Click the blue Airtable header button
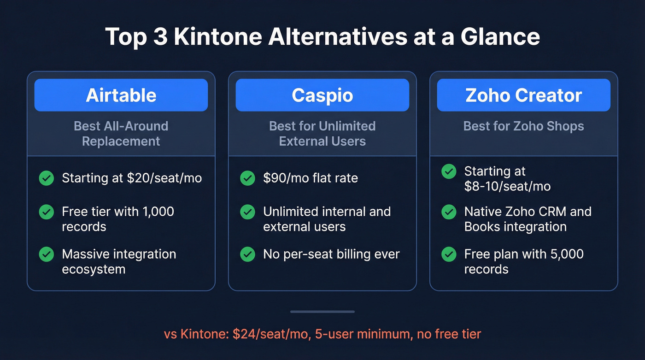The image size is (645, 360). [x=121, y=95]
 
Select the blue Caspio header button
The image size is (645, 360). [x=322, y=95]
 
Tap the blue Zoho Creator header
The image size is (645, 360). [x=523, y=95]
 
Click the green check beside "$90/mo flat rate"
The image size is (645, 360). [x=247, y=178]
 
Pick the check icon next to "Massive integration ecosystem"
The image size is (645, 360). [x=46, y=254]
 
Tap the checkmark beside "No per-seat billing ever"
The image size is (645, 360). [x=247, y=254]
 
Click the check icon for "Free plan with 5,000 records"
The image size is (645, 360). [x=449, y=254]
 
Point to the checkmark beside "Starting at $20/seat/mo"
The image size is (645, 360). [x=46, y=178]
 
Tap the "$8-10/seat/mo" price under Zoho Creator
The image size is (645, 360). [x=507, y=186]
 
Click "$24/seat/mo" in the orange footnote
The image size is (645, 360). [x=270, y=334]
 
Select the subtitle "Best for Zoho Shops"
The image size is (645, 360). [x=523, y=126]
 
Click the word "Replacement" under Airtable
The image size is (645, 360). [x=121, y=141]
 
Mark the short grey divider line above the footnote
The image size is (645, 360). [x=322, y=312]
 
